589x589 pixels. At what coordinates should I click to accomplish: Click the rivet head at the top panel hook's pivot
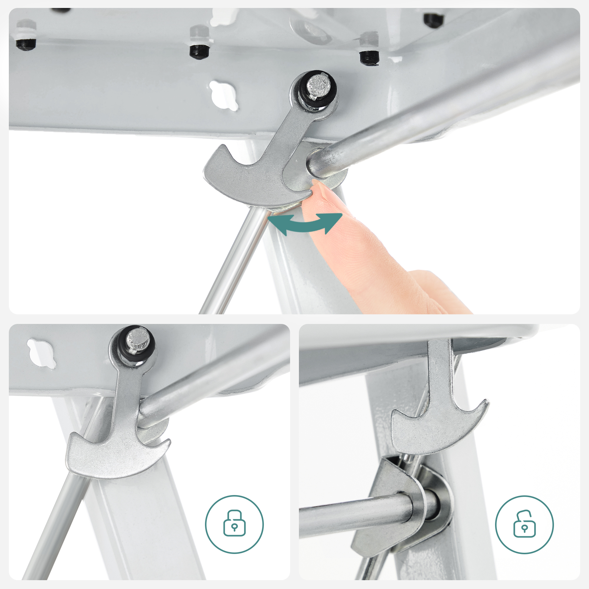coord(319,85)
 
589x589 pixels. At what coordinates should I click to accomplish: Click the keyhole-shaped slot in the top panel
coord(224,95)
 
